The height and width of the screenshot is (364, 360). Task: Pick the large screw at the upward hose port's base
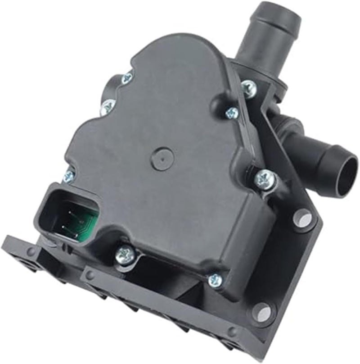coord(248,87)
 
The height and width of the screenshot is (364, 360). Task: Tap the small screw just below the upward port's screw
coord(232,112)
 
